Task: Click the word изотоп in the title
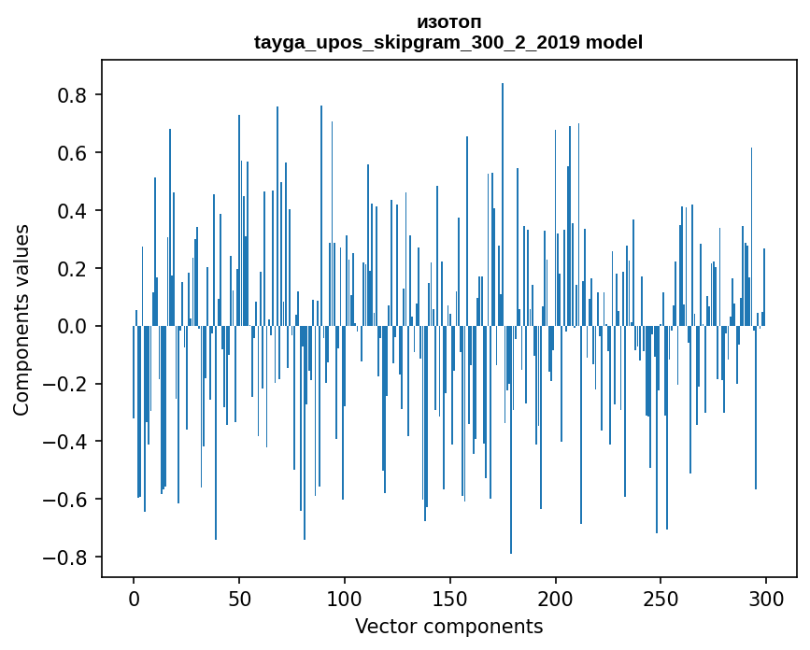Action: pos(448,21)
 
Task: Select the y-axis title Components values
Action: pos(21,319)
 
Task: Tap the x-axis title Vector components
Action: pos(448,626)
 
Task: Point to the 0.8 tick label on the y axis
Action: pos(73,95)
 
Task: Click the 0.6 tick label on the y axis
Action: pos(73,153)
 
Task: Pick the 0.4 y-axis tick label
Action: pos(73,211)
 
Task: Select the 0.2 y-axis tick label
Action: pos(73,269)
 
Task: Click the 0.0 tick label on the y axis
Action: pos(73,326)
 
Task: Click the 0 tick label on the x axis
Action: pos(134,598)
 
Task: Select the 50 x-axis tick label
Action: pos(239,598)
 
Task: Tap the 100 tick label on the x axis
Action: pos(345,598)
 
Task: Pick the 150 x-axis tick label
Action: pos(450,598)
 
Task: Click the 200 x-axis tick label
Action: pos(556,598)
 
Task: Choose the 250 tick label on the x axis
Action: pos(661,598)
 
